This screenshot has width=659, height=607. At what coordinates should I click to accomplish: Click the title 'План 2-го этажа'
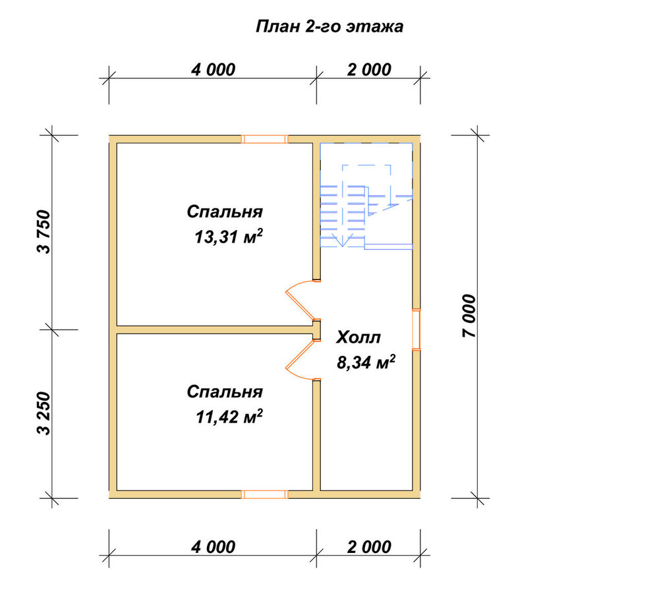coord(329,26)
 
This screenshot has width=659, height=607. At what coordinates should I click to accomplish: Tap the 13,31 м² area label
coord(229,237)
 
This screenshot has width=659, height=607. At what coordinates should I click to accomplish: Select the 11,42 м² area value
coord(229,417)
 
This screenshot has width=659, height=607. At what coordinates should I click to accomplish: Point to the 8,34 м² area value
coord(366,362)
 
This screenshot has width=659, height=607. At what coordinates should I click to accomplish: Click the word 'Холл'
coord(358,337)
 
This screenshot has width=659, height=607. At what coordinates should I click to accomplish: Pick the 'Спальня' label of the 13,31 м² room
coord(225,212)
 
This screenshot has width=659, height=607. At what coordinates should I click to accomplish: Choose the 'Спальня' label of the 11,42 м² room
coord(225,391)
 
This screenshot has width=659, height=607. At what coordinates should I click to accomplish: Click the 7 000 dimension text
coord(469,316)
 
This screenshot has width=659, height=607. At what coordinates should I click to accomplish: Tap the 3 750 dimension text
coord(43,231)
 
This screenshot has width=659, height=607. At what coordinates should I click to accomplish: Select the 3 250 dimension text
coord(43,414)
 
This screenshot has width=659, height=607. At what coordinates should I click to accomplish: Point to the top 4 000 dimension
coord(213,69)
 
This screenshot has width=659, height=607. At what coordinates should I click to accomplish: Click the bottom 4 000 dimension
coord(213,547)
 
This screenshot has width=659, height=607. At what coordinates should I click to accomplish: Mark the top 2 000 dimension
coord(369,69)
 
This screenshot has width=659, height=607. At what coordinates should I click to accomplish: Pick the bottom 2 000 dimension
coord(369,547)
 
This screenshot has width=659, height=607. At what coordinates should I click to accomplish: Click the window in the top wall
coord(264,139)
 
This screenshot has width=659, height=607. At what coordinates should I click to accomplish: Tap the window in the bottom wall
coord(264,494)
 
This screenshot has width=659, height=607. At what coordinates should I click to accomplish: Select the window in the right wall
coord(416,329)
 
